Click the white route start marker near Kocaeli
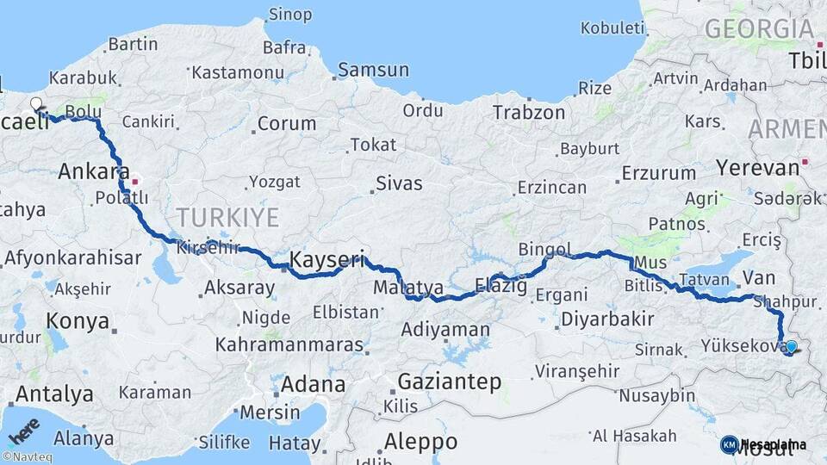[x=36, y=104]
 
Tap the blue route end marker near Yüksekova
[x=791, y=347]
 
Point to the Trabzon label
[x=529, y=112]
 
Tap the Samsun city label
[x=373, y=70]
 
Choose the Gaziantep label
[x=449, y=382]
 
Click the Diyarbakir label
[x=607, y=319]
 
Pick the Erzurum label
[x=658, y=173]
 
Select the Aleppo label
[x=420, y=442]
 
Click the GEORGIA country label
[x=758, y=29]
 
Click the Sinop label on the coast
[x=290, y=15]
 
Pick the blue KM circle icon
[x=729, y=444]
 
